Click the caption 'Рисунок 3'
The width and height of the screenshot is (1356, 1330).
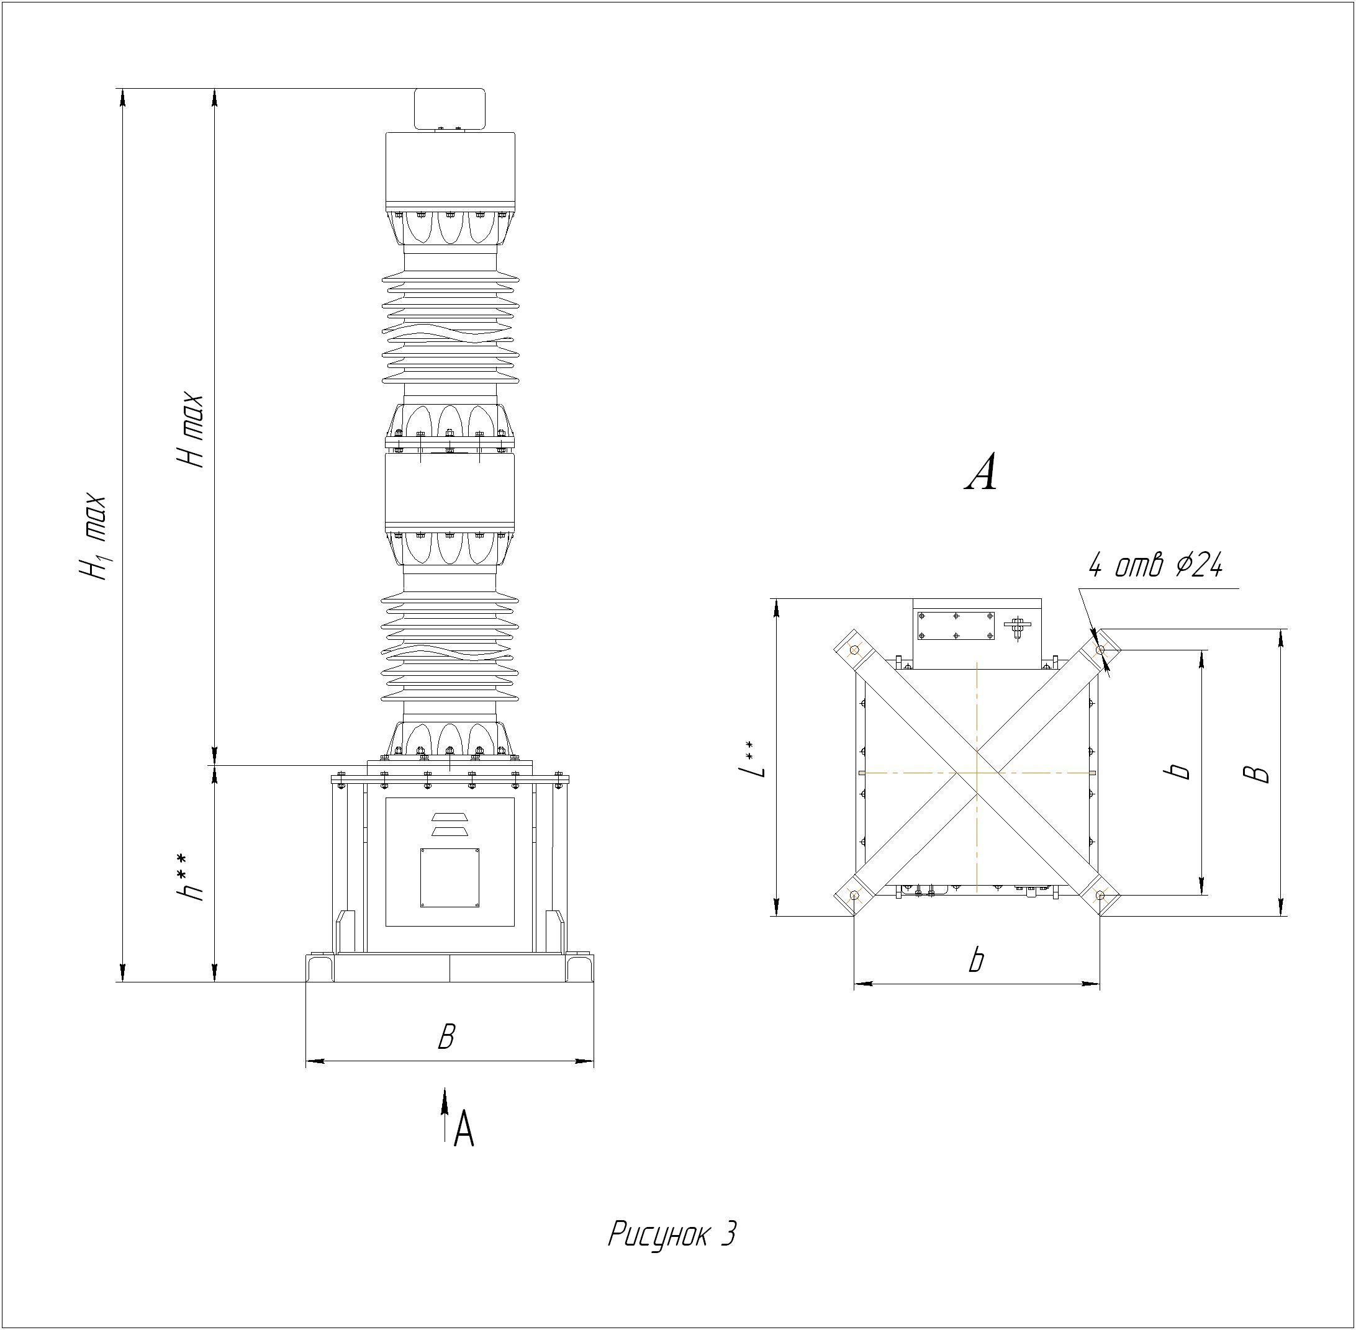pos(672,1234)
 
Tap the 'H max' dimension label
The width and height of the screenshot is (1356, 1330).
pos(190,430)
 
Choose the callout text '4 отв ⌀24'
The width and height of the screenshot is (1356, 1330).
pos(1156,566)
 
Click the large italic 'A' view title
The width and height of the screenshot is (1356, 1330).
pos(980,473)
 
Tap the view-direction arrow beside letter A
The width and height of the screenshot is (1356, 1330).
pos(445,1115)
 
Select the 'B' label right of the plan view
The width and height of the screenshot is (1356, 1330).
pos(1259,773)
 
